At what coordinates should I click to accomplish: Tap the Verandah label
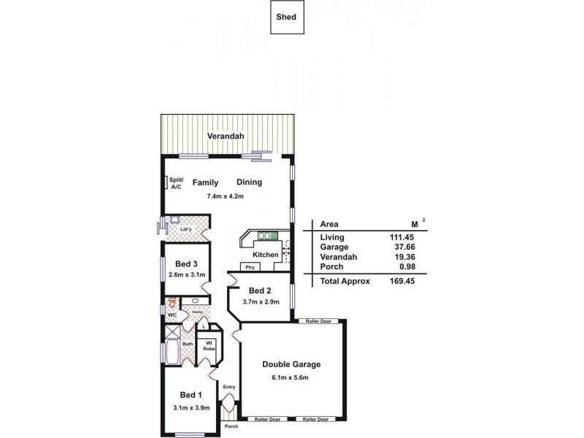click(x=223, y=137)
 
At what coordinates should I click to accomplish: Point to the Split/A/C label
click(x=176, y=182)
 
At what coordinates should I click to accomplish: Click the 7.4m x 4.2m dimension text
click(x=224, y=196)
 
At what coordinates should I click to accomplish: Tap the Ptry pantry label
click(x=250, y=267)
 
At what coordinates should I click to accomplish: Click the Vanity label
click(x=196, y=312)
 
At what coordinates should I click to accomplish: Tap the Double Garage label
click(x=291, y=364)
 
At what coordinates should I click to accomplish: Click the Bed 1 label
click(x=186, y=396)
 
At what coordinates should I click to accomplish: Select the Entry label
click(x=229, y=387)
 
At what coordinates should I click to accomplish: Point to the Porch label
click(x=231, y=426)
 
